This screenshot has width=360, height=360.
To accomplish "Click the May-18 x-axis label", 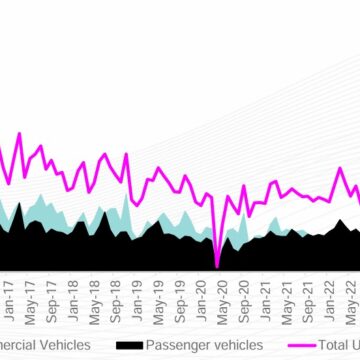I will pyautogui.click(x=95, y=290).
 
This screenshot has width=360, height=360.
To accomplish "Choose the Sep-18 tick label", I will pyautogui.click(x=117, y=290).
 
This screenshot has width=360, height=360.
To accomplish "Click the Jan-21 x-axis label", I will pyautogui.click(x=266, y=290).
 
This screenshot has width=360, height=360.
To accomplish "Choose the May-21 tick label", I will pyautogui.click(x=288, y=290).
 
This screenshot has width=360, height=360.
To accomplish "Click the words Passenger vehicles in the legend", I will pyautogui.click(x=204, y=346).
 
